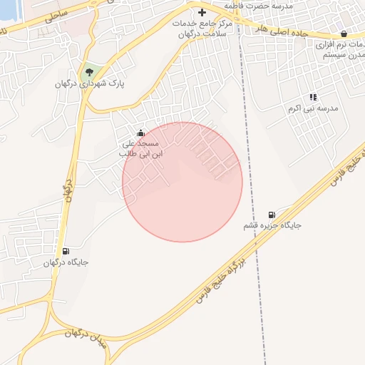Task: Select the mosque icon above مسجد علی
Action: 140,133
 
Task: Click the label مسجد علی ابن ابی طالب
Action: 141,148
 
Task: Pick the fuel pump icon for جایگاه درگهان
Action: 66,251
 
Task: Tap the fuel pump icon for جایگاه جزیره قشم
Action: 271,215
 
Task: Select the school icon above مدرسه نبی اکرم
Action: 312,97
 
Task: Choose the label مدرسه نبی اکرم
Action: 312,108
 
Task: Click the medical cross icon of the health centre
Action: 202,12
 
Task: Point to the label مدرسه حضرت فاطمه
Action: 258,5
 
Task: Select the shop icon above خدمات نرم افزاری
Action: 344,34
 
